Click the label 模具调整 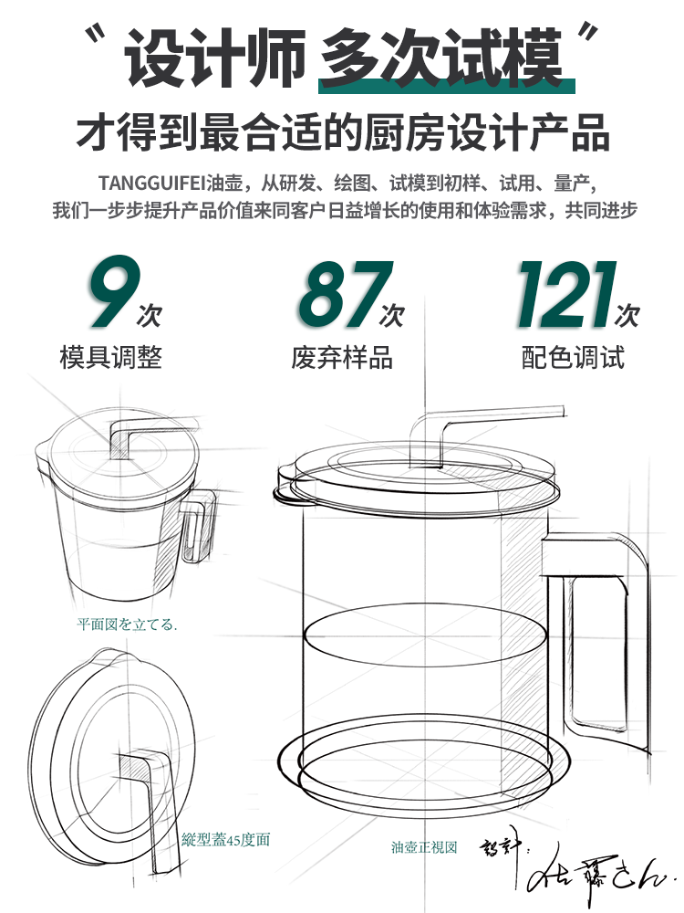pos(111,357)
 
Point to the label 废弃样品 pos(343,357)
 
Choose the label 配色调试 pos(574,357)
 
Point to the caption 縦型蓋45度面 pos(226,839)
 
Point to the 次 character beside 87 pos(393,315)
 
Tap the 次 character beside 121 pos(627,315)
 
